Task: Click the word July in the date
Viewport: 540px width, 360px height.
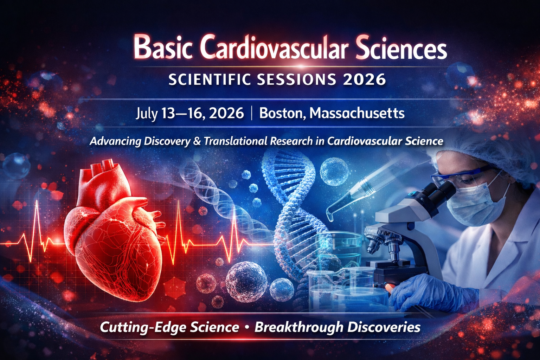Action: click(146, 114)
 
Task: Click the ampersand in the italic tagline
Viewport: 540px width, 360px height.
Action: click(197, 141)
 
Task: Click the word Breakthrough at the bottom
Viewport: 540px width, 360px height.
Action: click(298, 327)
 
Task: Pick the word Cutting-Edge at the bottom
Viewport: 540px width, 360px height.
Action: click(143, 327)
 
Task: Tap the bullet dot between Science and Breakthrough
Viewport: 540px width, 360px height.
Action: click(246, 327)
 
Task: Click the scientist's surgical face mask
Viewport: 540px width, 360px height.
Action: click(478, 204)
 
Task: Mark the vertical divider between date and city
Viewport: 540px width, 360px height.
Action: click(252, 114)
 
